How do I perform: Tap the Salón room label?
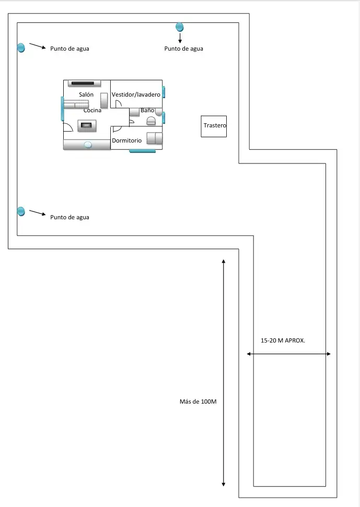pos(86,95)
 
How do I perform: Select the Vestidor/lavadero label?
pos(136,95)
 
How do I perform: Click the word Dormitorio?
pos(127,140)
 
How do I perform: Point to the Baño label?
pos(147,110)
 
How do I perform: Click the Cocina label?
pos(92,111)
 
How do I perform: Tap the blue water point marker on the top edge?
pos(180,27)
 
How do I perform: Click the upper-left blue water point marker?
pos(21,48)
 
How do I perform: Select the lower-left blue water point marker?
pos(21,211)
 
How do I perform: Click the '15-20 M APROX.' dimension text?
pos(283,340)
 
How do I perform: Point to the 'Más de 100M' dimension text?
pos(198,402)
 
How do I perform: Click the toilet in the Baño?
pos(151,121)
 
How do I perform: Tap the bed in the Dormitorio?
pos(155,138)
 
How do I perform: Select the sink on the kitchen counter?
pos(88,145)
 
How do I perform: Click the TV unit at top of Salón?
pos(85,84)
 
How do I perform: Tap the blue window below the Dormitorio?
pos(142,151)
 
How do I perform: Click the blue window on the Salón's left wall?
pos(62,109)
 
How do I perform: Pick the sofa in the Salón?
pos(76,104)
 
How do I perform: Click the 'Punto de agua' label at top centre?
pos(184,49)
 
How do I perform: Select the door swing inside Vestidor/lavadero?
pos(119,103)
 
